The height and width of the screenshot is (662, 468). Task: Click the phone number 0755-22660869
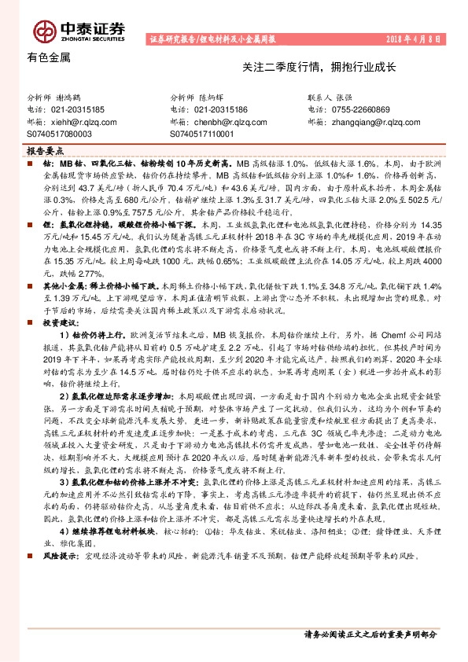click(368, 110)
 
